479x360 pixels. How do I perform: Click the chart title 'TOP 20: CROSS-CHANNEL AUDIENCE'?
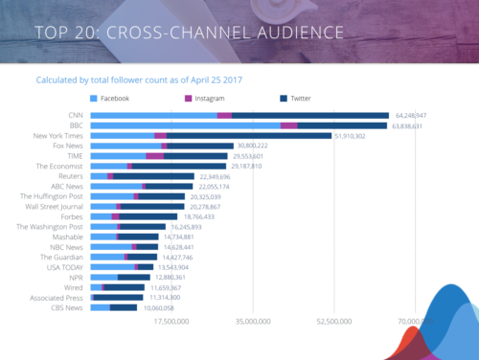188,33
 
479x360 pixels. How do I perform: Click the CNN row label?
75,115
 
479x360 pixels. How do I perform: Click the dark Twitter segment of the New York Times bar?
249,136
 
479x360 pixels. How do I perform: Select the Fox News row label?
65,146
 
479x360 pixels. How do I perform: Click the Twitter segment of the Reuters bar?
153,176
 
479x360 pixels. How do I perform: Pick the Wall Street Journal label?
53,207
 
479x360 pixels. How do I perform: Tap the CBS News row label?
65,307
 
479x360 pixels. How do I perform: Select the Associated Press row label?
56,297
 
